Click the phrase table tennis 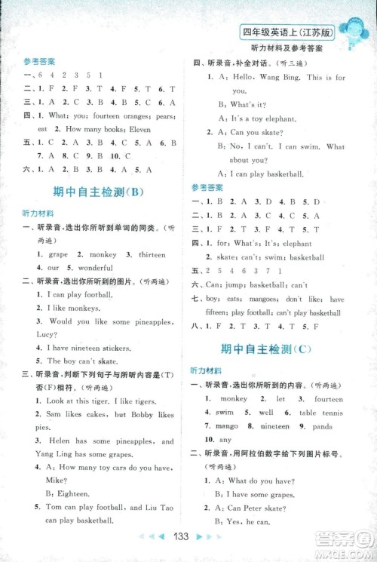pyautogui.click(x=321, y=413)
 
